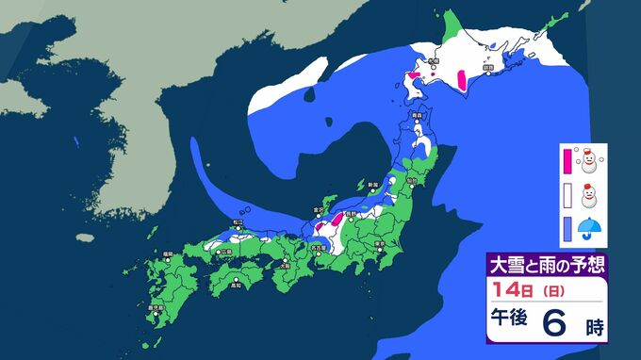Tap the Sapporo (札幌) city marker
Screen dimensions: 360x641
pyautogui.click(x=433, y=67)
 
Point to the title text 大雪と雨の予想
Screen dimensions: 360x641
pyautogui.click(x=544, y=262)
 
